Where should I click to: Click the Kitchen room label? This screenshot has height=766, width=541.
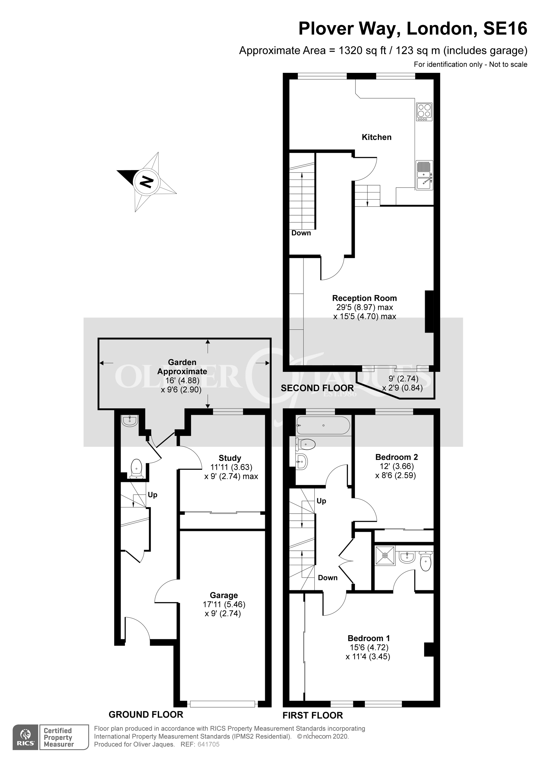(376, 137)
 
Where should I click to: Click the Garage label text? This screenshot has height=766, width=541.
(224, 595)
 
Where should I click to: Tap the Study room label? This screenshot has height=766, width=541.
(230, 458)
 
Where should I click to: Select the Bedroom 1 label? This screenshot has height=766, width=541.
(368, 638)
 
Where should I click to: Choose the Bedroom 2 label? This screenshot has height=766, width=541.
(396, 457)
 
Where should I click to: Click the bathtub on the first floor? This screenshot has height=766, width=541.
(323, 425)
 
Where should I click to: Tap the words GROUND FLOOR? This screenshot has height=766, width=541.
(146, 714)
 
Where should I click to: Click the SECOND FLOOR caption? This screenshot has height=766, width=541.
(317, 388)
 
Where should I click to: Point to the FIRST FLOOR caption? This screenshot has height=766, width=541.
(312, 715)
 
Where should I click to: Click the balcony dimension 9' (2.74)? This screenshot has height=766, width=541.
(403, 379)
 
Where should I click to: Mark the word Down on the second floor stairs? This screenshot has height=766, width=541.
(301, 233)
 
